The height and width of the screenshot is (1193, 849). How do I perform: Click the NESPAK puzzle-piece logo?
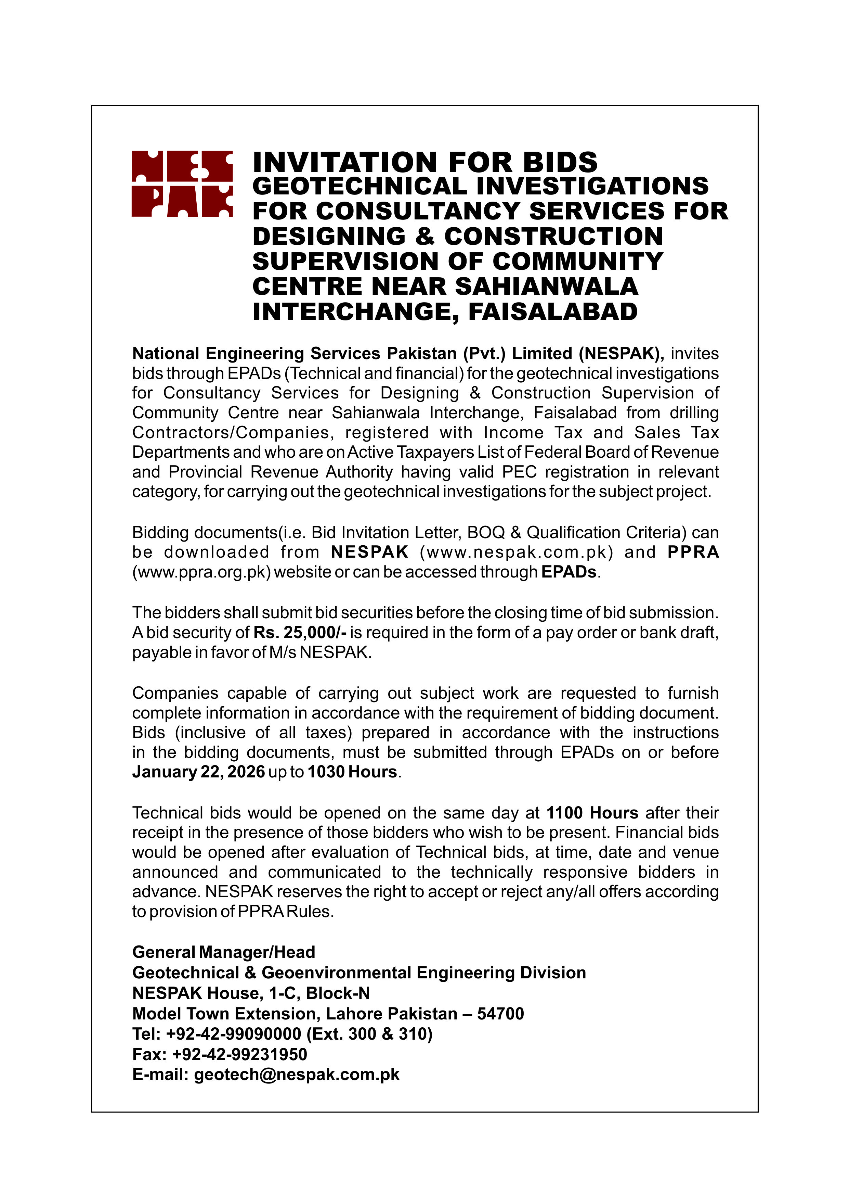[182, 184]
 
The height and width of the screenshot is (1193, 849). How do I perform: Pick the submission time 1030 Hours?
[352, 772]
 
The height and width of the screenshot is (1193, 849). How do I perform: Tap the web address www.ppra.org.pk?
[201, 572]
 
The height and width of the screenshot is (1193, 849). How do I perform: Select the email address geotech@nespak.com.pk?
[297, 1074]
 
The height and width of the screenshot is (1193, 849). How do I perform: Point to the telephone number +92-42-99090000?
[233, 1033]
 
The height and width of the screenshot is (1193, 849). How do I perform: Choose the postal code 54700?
[500, 1014]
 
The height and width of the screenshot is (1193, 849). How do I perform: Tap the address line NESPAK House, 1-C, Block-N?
[251, 993]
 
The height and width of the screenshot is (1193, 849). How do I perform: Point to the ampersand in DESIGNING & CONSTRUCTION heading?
[425, 237]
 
